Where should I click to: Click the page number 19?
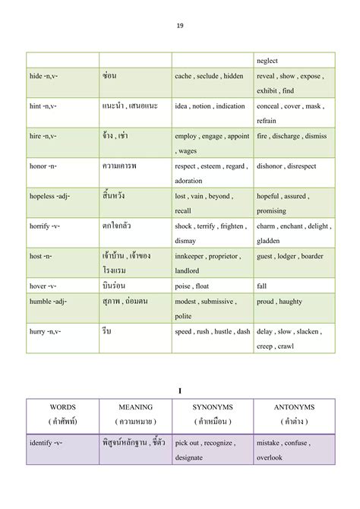coord(180,25)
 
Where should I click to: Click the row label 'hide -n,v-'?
coord(47,76)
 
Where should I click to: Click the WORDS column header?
coord(62,407)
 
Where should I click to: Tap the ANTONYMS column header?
coord(295,407)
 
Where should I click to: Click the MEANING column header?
coord(136,407)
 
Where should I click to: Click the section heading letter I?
coord(180,390)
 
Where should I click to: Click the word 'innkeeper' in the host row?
coord(192,256)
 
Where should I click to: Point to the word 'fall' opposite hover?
coord(262,286)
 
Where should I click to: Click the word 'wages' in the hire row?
coord(188,150)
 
